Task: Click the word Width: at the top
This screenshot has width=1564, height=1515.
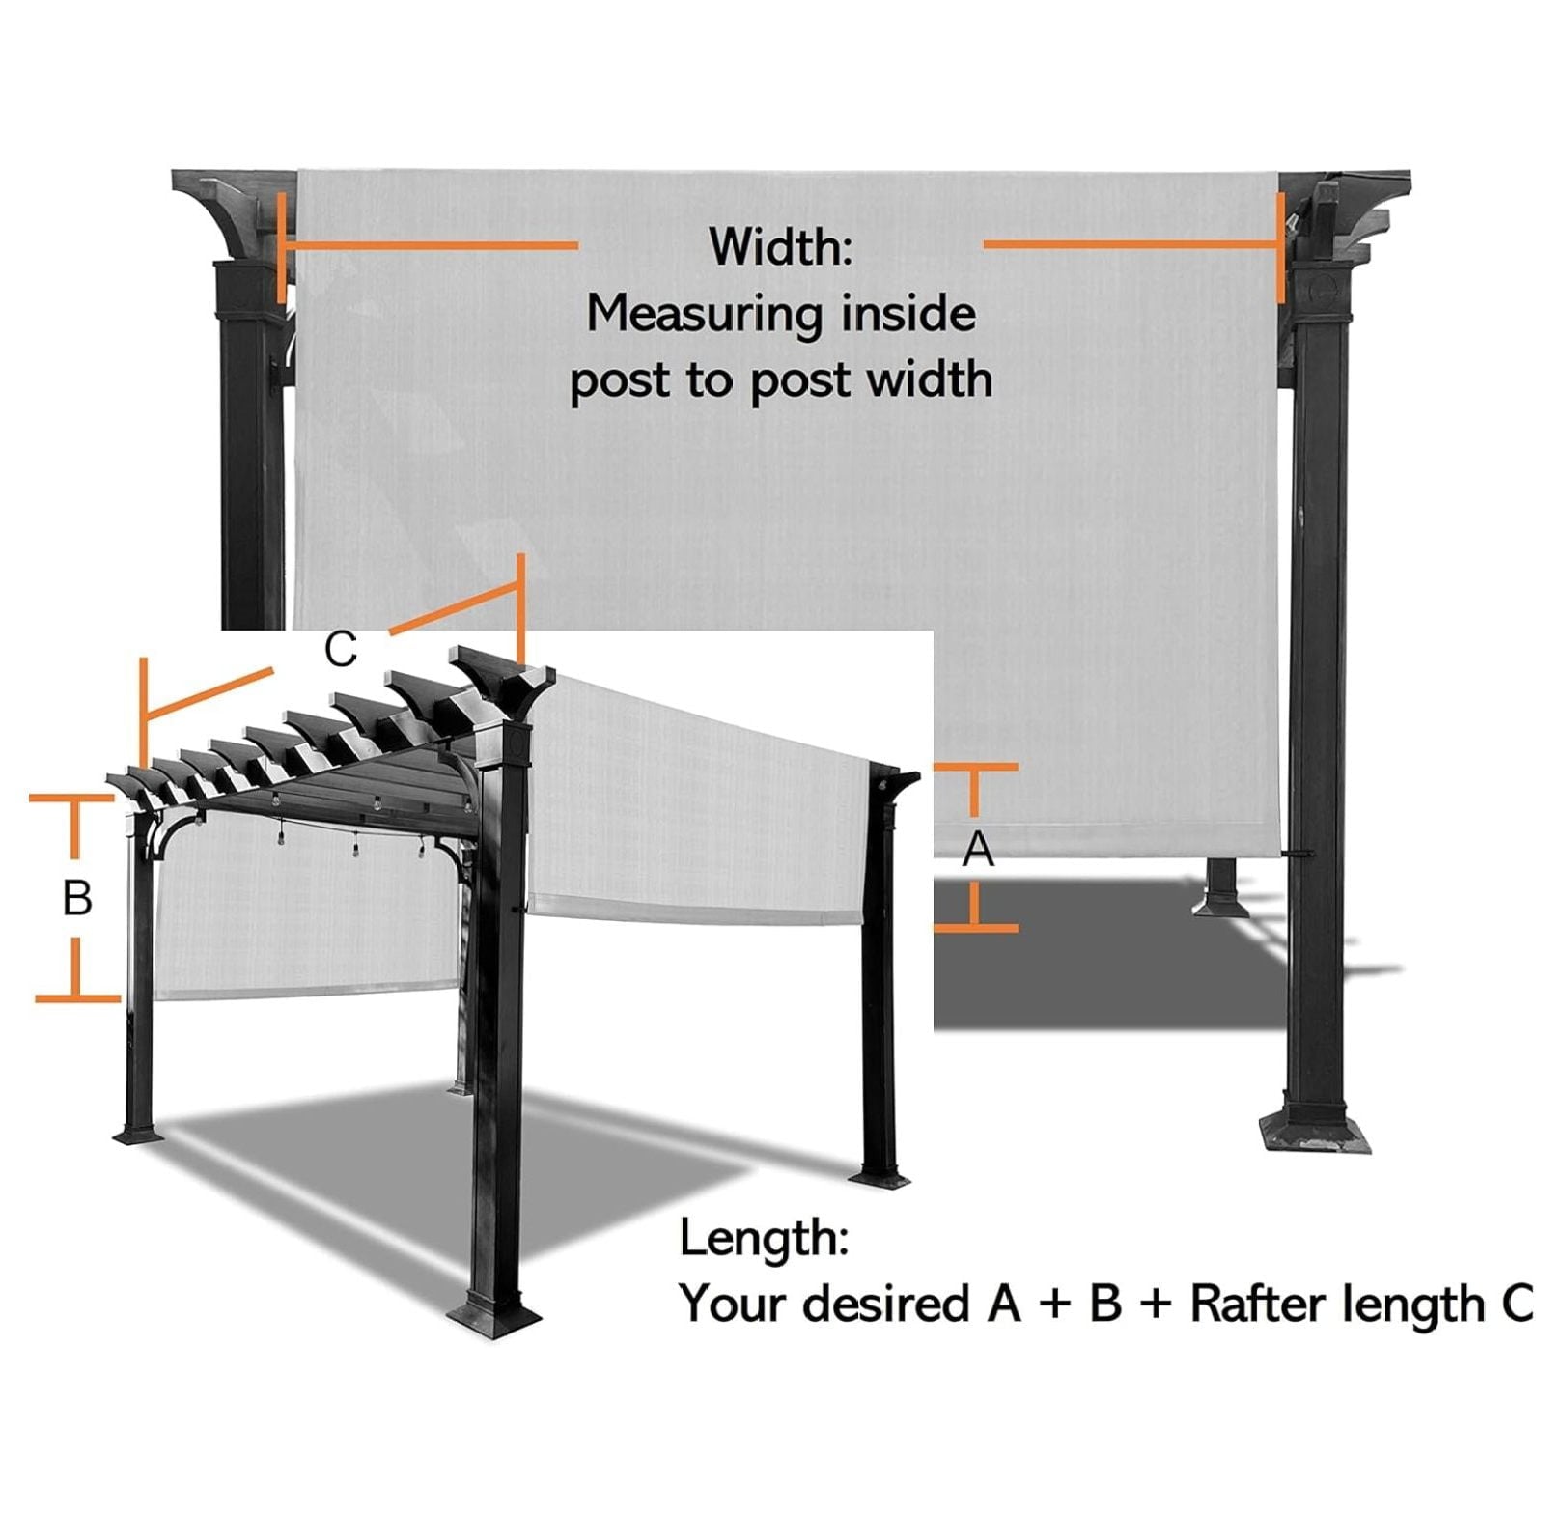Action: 781,247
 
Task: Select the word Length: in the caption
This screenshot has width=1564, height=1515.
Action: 764,1238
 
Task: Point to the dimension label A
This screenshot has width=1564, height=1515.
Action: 978,850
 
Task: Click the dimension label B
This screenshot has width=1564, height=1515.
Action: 77,898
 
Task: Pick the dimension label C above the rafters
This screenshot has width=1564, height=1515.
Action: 341,650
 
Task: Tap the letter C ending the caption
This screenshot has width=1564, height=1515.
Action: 1517,1304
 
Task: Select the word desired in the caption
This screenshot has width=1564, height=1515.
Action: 885,1304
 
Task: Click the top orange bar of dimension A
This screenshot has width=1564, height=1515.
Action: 975,768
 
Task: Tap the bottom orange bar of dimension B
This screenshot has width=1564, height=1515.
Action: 77,997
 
